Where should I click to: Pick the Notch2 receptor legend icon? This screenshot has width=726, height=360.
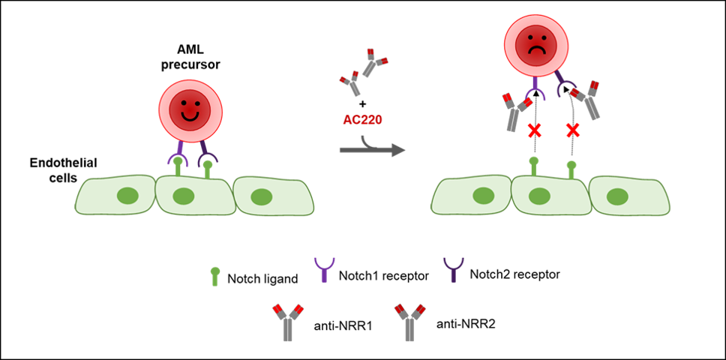(x=452, y=271)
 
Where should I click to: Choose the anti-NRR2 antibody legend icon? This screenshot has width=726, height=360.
(x=408, y=322)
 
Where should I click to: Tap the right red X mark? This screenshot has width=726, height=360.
(x=573, y=130)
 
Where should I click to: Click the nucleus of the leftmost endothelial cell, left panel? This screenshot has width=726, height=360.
(x=127, y=197)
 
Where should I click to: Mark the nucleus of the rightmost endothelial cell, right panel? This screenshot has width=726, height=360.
(x=616, y=196)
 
